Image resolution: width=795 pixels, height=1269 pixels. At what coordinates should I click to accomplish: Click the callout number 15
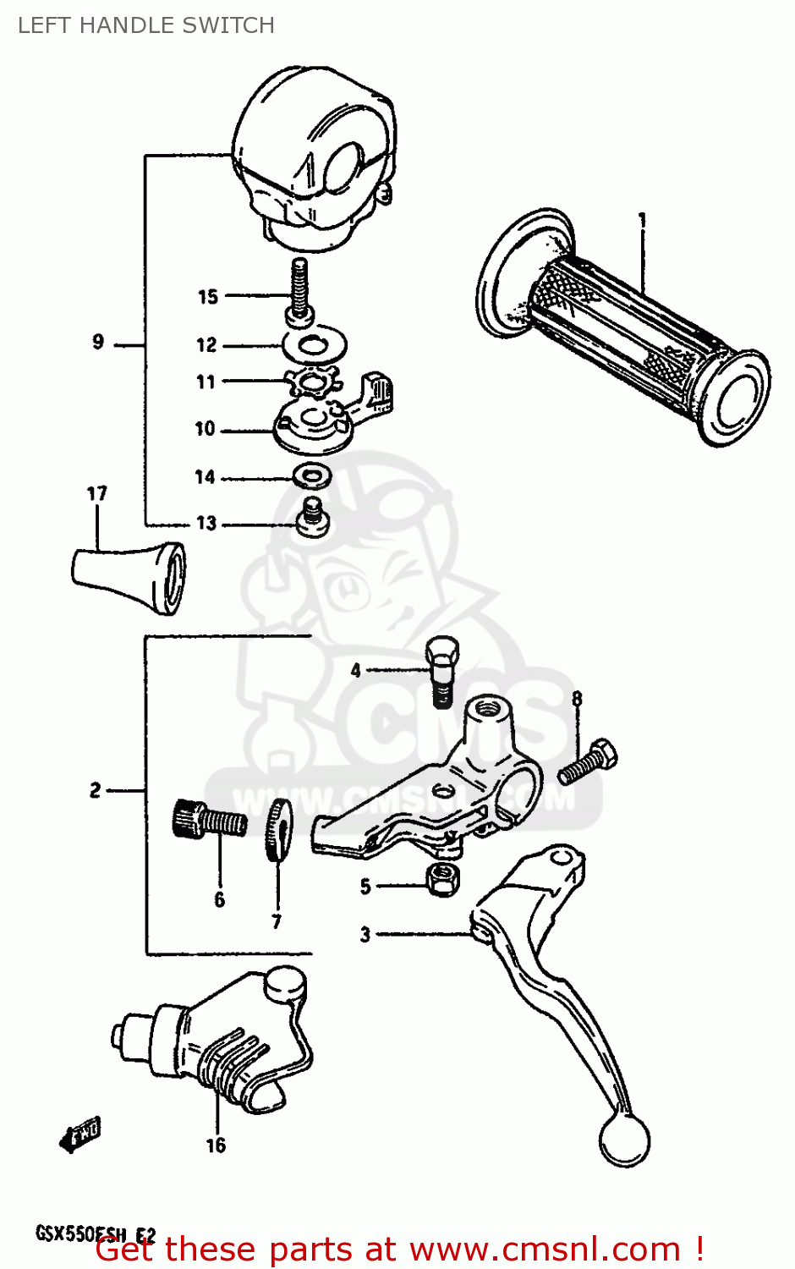click(208, 297)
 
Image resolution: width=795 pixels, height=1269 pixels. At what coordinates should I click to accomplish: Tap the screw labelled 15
click(299, 292)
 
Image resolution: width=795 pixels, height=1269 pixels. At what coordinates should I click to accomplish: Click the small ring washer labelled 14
click(311, 476)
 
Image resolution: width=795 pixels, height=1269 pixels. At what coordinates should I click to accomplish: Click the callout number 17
click(97, 493)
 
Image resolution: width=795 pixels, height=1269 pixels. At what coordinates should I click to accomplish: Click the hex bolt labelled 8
click(589, 761)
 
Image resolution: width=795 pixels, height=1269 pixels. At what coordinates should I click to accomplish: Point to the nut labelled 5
click(442, 879)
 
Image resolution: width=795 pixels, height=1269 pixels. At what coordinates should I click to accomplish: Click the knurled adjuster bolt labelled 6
click(207, 820)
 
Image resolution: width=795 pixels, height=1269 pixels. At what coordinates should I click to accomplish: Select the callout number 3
click(365, 935)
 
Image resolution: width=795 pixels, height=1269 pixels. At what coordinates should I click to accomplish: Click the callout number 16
click(216, 1145)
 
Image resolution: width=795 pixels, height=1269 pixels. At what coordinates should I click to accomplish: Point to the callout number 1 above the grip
click(642, 222)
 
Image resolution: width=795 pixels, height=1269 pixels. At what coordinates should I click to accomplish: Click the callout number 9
click(98, 342)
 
